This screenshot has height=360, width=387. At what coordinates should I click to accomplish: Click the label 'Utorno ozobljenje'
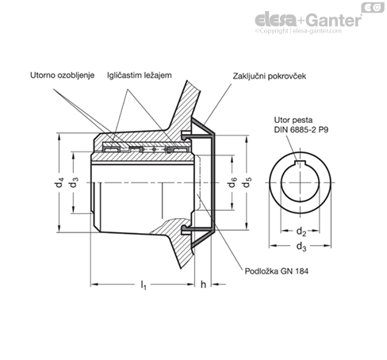[63, 75]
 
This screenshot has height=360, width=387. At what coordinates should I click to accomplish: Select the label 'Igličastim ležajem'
[140, 75]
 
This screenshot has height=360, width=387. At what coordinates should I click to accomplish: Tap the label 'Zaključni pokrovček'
[270, 76]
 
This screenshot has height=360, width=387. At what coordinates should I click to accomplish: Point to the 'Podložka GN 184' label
[277, 271]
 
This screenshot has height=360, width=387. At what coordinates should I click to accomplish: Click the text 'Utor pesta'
[293, 120]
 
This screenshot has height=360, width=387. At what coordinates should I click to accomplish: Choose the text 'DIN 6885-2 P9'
[301, 130]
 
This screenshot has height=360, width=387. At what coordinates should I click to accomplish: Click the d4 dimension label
[59, 182]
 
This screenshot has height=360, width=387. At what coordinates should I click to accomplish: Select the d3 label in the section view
[74, 182]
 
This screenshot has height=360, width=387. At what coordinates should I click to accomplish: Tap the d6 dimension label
[232, 182]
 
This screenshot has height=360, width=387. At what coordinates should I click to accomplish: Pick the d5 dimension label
[247, 182]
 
